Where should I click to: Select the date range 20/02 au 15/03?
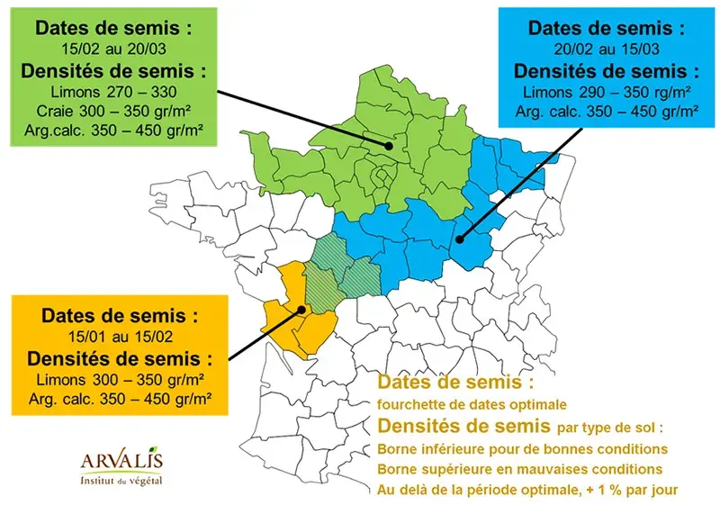pyautogui.click(x=600, y=50)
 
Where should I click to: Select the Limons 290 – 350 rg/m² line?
pyautogui.click(x=600, y=92)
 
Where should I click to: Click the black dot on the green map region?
pyautogui.click(x=389, y=146)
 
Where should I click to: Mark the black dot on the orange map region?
pyautogui.click(x=301, y=310)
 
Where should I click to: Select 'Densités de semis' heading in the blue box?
pyautogui.click(x=600, y=71)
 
